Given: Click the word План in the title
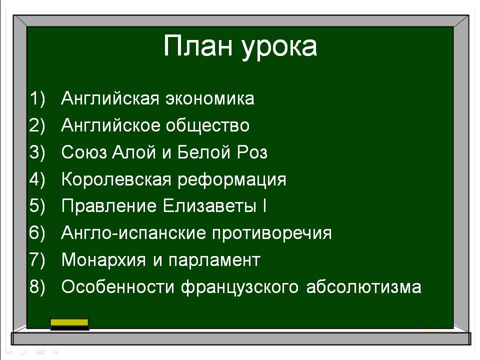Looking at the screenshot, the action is click(x=198, y=45).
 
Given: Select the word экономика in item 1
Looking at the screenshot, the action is click(x=210, y=98).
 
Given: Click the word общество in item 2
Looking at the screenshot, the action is click(x=207, y=126).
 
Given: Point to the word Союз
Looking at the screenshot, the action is click(x=84, y=152).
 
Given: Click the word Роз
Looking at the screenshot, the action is click(x=252, y=152).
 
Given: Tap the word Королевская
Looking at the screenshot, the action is click(x=116, y=179).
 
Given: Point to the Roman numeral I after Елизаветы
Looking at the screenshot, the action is click(x=264, y=205).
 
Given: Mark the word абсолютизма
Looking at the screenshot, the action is click(x=363, y=286).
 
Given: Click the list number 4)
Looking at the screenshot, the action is click(x=37, y=179).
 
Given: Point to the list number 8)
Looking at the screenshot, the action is click(x=37, y=287).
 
